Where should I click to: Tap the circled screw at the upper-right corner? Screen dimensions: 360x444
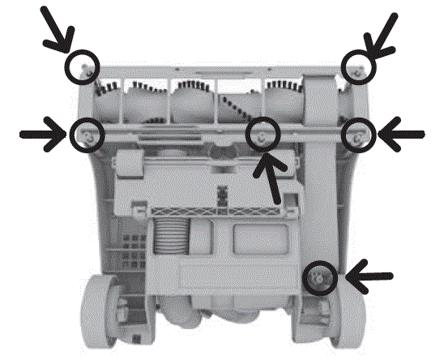pyautogui.click(x=356, y=65)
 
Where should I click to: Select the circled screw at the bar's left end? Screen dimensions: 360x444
pyautogui.click(x=86, y=134)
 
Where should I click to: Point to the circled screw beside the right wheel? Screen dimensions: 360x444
pyautogui.click(x=319, y=278)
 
